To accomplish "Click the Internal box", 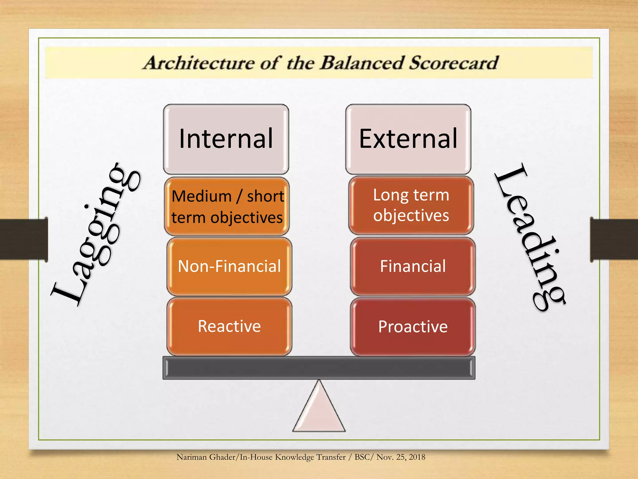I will tap(226, 139).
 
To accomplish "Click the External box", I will tap(408, 139).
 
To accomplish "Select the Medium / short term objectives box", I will tap(227, 206).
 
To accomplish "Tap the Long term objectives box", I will tap(411, 205).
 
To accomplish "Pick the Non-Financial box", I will tap(229, 266).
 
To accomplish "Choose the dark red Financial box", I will tap(413, 266).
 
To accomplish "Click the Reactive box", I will tap(229, 327).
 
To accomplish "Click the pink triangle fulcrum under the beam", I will tap(319, 412).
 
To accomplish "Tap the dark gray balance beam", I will tap(319, 368).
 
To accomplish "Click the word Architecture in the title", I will tap(199, 63).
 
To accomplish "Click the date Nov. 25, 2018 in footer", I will tap(401, 457).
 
